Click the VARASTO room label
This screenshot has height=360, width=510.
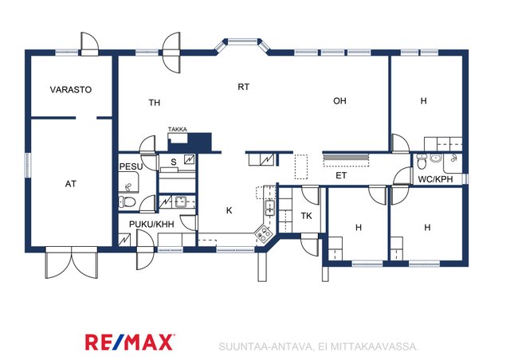click(x=71, y=89)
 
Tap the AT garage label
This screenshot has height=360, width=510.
click(x=71, y=184)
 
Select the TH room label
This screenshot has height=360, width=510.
click(x=155, y=103)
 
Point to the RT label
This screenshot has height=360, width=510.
click(x=244, y=87)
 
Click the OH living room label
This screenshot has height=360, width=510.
click(x=339, y=101)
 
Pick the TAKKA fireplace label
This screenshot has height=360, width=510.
click(x=178, y=130)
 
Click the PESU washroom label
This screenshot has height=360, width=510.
click(x=131, y=166)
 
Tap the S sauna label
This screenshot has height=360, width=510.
click(x=174, y=162)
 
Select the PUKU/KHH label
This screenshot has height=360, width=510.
click(x=151, y=224)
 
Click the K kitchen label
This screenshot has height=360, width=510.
click(x=229, y=211)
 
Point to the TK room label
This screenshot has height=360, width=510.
click(x=306, y=216)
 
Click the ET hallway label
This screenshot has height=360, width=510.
click(x=341, y=175)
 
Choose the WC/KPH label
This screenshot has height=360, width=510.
click(x=435, y=179)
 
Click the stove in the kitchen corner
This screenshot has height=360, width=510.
click(x=264, y=233)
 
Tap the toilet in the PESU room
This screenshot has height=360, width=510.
click(x=127, y=202)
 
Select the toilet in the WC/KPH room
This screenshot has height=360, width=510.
click(x=422, y=162)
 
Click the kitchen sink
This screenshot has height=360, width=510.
click(x=270, y=208)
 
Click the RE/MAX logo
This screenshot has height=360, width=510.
click(x=130, y=342)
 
